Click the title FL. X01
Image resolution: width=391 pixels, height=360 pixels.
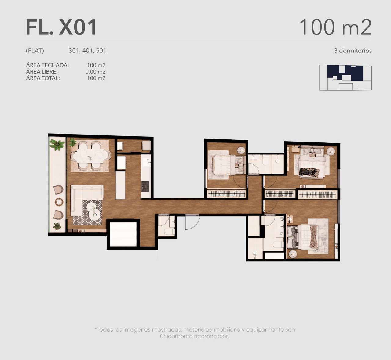[61, 27]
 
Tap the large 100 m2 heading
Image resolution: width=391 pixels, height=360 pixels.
[335, 27]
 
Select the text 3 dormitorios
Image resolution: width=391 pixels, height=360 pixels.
[353, 51]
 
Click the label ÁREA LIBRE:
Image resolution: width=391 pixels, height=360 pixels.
[42, 72]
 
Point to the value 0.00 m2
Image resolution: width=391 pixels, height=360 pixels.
[96, 72]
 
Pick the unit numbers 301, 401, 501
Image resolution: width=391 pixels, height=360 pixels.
[87, 51]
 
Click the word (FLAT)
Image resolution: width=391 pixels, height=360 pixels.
[35, 51]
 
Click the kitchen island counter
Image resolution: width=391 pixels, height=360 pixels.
[120, 185]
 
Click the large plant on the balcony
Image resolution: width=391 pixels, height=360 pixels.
[57, 145]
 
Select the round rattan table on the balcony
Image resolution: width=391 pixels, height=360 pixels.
[58, 202]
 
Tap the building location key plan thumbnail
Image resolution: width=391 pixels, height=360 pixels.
[345, 77]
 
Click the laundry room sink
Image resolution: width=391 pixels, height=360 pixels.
[120, 146]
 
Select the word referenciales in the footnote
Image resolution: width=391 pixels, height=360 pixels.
[212, 336]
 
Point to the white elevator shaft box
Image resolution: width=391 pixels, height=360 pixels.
[123, 234]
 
